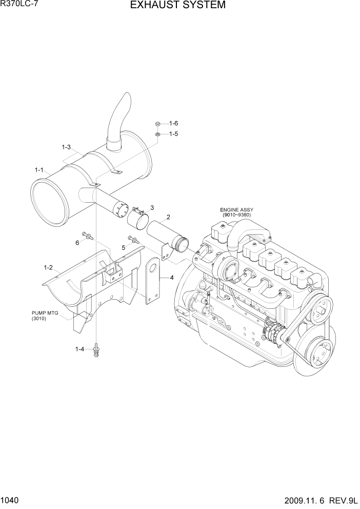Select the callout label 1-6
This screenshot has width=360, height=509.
click(173, 124)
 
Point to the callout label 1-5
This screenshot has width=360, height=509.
click(173, 134)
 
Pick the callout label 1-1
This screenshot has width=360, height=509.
click(39, 170)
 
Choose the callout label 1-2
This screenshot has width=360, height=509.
click(49, 267)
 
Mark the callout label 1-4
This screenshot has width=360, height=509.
click(79, 349)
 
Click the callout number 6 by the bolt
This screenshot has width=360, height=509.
click(77, 243)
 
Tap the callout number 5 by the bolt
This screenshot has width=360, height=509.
click(123, 247)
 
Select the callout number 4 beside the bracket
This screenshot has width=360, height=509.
click(172, 278)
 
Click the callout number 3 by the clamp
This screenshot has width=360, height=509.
click(152, 207)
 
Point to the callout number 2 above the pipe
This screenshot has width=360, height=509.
click(168, 218)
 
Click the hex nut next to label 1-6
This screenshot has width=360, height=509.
click(158, 124)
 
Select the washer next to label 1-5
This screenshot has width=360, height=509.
click(158, 134)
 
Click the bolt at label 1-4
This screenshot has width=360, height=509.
click(95, 351)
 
